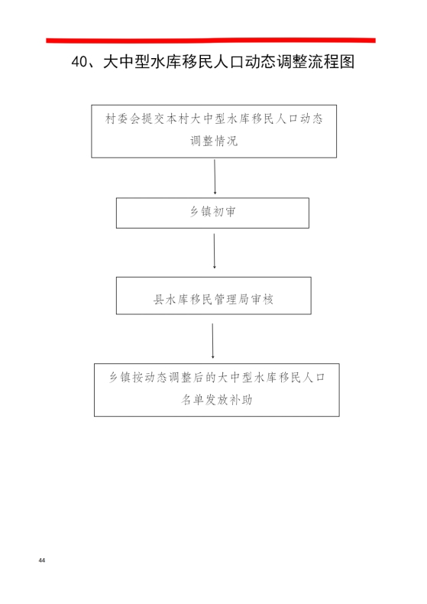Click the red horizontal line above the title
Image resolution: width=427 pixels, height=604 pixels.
(x=211, y=40)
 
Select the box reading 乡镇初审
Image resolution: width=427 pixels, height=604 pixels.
(x=212, y=213)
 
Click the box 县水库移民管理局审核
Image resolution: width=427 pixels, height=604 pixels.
(x=214, y=295)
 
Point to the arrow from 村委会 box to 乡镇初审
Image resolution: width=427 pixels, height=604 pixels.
(x=215, y=177)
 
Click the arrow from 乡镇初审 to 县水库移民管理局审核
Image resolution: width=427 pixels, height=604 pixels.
(x=215, y=251)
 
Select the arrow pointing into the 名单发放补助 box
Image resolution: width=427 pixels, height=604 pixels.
(x=212, y=341)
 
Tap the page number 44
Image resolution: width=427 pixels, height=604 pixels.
(x=42, y=560)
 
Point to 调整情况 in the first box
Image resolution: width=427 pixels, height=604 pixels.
(x=214, y=141)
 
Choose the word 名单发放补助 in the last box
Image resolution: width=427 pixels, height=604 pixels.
(x=217, y=400)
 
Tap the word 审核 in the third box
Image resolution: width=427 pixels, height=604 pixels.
(x=262, y=299)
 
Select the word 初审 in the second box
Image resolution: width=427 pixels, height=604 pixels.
(x=225, y=212)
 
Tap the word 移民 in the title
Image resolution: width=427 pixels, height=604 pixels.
(x=197, y=62)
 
